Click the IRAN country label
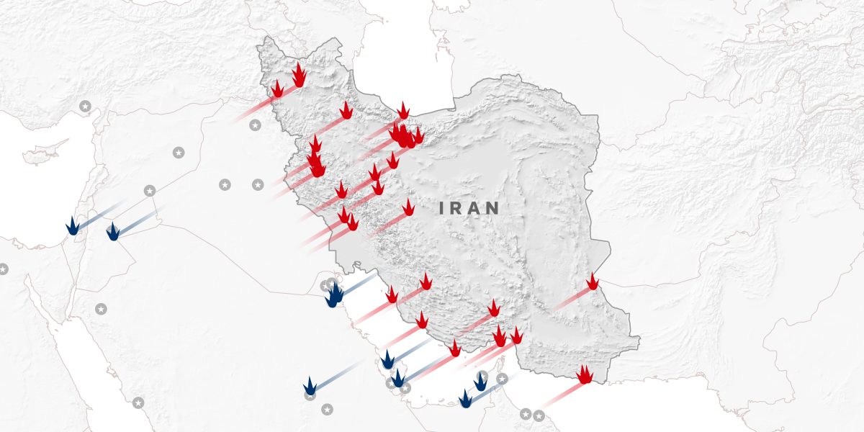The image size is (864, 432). coord(469,209)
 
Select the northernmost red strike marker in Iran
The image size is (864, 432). coord(299,75)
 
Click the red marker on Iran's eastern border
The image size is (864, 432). coord(592,282)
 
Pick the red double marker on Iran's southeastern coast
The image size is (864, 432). coord(585,374)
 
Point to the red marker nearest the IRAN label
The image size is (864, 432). coord(408,208)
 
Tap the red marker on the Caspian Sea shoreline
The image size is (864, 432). coord(403,112)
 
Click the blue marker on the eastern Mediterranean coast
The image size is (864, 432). coord(72,226)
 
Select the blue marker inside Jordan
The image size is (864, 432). coord(112,232)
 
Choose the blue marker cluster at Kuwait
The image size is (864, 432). coord(334,294)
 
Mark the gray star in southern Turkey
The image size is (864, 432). coord(85,107)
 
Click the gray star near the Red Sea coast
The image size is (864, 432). coord(138,402)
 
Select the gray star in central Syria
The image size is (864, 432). coord(179,153)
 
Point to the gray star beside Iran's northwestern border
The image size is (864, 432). coord(254,125)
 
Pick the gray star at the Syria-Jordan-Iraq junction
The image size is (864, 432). coord(150,191)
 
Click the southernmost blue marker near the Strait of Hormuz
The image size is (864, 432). coord(466,399)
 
